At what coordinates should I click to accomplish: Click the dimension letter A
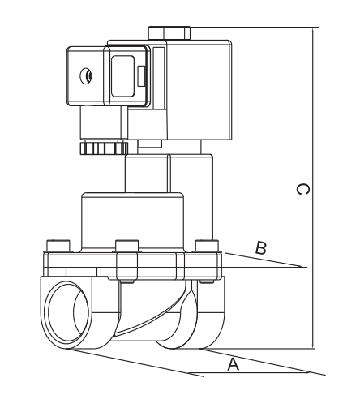234,365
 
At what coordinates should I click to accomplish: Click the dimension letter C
300,189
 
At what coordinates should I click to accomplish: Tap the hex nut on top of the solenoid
169,33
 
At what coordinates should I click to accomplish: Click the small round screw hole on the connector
87,77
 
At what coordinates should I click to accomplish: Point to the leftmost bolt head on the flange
56,246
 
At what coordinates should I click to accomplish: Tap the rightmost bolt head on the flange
206,246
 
